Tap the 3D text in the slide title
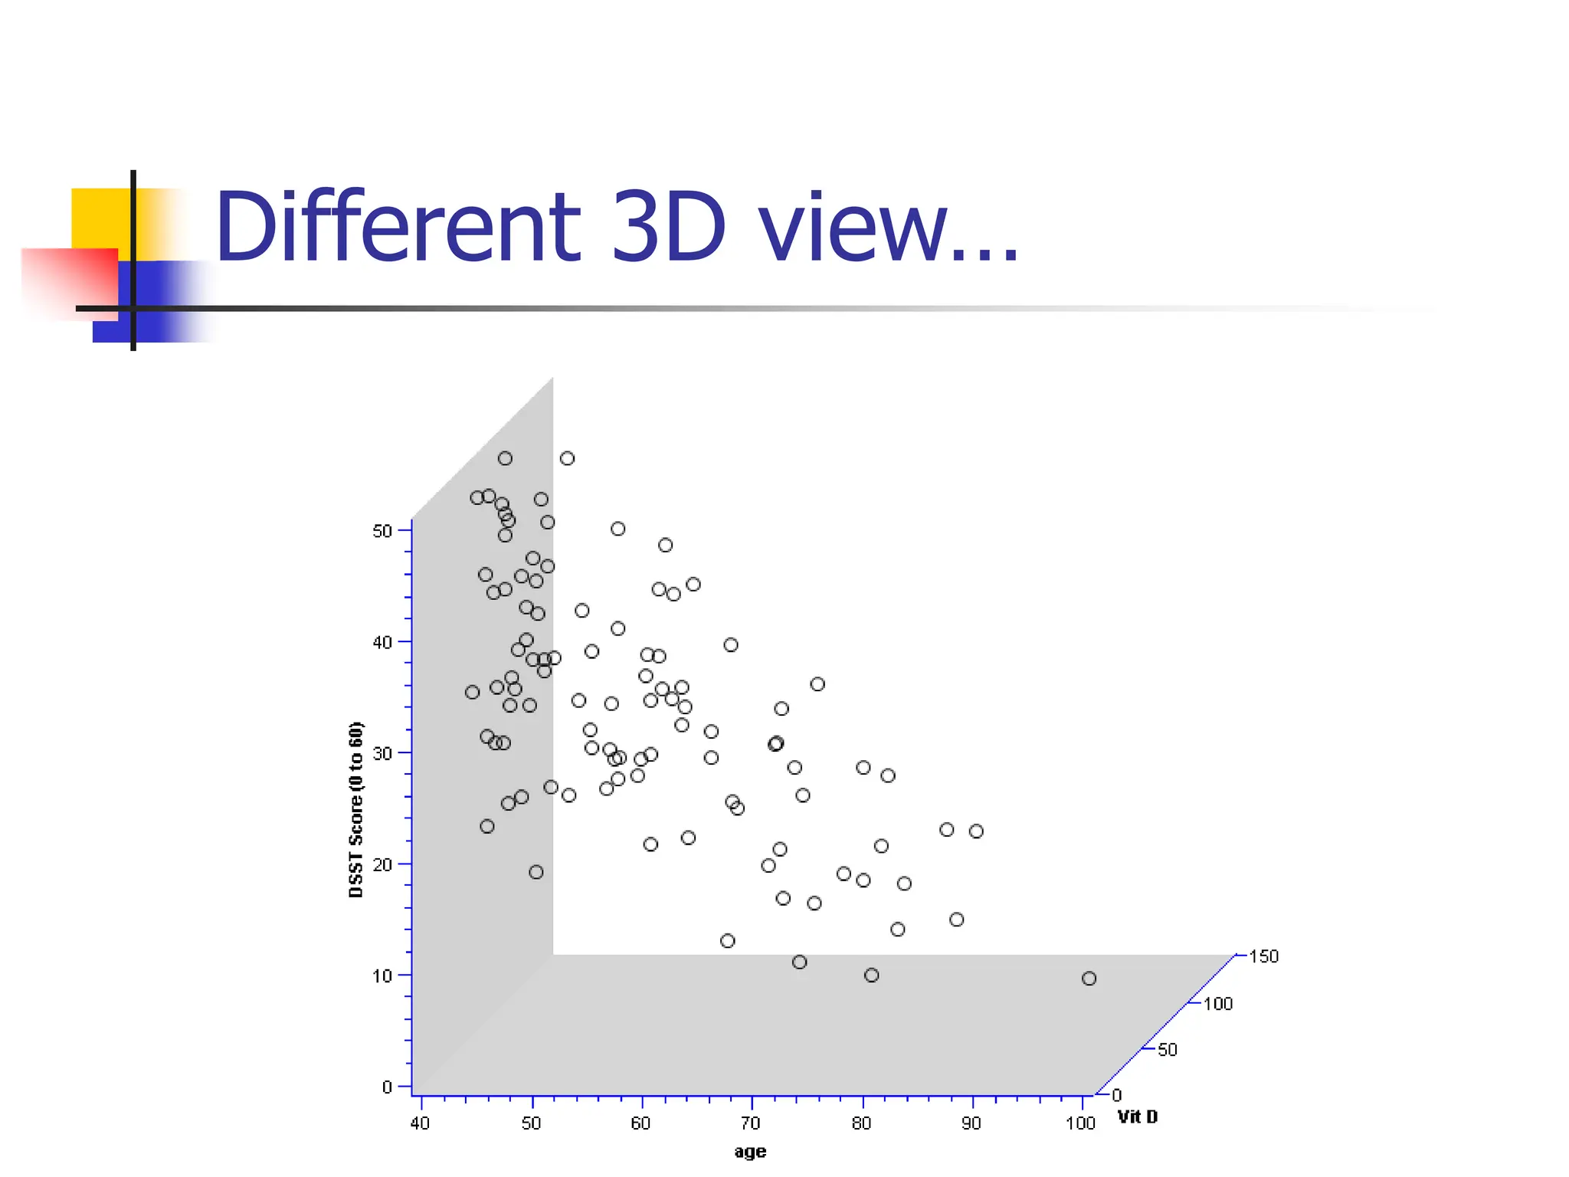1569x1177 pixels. point(667,227)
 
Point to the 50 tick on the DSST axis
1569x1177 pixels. point(382,531)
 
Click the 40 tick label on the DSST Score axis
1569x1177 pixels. point(382,642)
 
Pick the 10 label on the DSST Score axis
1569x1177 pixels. point(382,975)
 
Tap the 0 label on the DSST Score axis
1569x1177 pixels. point(387,1087)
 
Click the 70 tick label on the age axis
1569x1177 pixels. point(751,1123)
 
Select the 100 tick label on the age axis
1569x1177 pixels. point(1080,1123)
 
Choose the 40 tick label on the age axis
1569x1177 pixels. point(420,1123)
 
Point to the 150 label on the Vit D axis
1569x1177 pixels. point(1263,956)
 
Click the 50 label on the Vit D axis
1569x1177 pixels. point(1167,1050)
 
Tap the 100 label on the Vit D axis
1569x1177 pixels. point(1217,1004)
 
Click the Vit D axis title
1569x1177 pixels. point(1138,1117)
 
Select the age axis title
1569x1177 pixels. point(750,1152)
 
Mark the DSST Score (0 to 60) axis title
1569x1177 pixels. point(355,809)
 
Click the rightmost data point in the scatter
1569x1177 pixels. point(1089,979)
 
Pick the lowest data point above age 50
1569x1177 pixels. point(536,872)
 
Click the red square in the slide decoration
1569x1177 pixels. point(69,282)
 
